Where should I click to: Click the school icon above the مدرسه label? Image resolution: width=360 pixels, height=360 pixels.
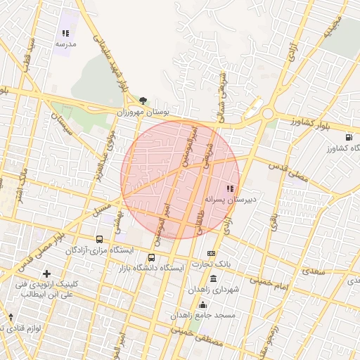pos(65,33)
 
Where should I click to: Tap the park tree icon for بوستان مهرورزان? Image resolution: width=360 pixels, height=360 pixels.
pos(143,101)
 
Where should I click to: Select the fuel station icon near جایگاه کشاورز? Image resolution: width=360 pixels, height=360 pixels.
pos(349,137)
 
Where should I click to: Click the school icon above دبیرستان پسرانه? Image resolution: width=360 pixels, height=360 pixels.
pos(230,188)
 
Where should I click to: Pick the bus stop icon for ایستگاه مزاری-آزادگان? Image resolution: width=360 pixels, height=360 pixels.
pos(99,239)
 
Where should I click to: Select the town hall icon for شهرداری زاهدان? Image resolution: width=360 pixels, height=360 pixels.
pos(213,278)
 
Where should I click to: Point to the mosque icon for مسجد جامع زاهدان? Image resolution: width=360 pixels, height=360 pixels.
pos(203,304)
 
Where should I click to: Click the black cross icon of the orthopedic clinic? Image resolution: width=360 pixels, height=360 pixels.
pos(46,273)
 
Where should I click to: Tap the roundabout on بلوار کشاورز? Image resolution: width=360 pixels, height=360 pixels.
pos(267,112)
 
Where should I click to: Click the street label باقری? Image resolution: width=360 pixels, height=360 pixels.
pos(272,219)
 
